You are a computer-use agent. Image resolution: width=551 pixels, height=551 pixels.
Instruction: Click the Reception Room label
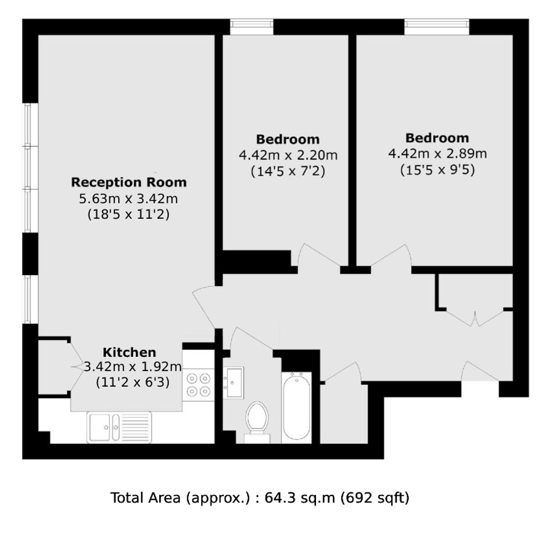(129, 183)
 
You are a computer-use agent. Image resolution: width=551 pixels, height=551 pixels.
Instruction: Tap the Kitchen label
(129, 352)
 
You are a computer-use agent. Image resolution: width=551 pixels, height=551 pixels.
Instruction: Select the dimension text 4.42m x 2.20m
(288, 155)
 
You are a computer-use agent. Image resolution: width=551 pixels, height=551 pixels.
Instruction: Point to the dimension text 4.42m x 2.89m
(437, 153)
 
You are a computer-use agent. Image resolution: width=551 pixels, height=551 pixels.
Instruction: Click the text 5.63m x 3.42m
(128, 199)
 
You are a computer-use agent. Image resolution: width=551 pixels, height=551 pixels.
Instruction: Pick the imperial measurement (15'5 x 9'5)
(437, 170)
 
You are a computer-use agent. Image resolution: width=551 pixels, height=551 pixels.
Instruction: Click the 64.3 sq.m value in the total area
(300, 497)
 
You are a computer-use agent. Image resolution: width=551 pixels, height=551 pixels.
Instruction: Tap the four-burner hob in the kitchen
(199, 385)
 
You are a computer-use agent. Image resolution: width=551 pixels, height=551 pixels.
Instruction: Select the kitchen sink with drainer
(120, 427)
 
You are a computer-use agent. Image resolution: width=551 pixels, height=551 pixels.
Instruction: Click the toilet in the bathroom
(257, 422)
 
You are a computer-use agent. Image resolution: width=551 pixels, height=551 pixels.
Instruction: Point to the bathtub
(296, 407)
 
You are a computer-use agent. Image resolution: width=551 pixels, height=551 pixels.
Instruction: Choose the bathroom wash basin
(233, 382)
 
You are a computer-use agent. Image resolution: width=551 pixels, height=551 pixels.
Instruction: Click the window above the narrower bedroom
(252, 27)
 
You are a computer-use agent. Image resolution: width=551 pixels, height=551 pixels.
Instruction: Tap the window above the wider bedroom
(437, 27)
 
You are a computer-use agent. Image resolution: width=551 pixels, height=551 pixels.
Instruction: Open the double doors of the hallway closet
(475, 318)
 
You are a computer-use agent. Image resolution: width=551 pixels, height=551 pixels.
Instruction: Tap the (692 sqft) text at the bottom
(375, 497)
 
